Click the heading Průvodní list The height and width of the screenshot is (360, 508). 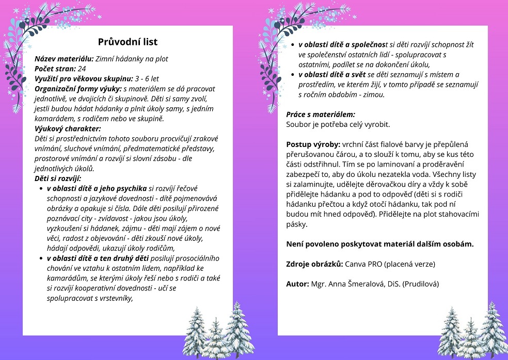pyautogui.click(x=128, y=42)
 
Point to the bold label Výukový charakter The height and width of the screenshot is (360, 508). pyautogui.click(x=67, y=128)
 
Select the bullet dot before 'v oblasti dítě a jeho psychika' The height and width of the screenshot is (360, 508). pyautogui.click(x=41, y=189)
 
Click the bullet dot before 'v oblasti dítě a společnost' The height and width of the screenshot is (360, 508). pyautogui.click(x=293, y=45)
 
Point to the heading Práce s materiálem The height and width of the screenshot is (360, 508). pyautogui.click(x=321, y=114)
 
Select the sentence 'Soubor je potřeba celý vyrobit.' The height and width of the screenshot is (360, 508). pyautogui.click(x=338, y=124)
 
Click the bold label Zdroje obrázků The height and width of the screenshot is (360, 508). pyautogui.click(x=314, y=264)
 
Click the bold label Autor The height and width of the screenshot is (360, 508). pyautogui.click(x=297, y=284)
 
